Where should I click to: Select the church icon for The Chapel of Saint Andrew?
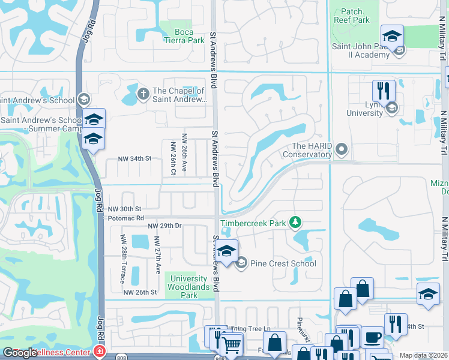(143, 93)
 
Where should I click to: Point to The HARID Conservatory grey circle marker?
(342, 148)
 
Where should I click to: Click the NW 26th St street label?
(140, 292)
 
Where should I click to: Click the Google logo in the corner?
(20, 352)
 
